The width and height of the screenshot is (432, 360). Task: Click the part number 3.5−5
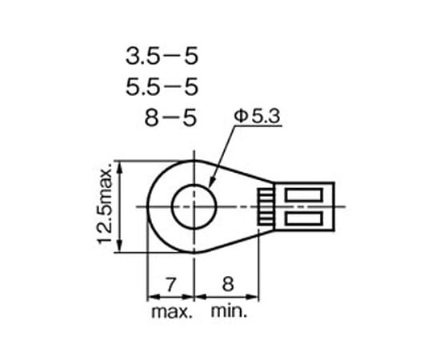pos(162,56)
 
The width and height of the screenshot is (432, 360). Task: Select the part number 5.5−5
pos(162,86)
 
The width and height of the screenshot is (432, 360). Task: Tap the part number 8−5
pos(171,118)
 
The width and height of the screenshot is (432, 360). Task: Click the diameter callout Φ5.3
pos(257,116)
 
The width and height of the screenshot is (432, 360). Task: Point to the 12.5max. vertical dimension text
pos(105,203)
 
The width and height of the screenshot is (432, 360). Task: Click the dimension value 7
pos(170,285)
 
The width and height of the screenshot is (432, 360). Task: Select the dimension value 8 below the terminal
pos(228,284)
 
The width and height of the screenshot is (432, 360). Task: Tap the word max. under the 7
pos(172,312)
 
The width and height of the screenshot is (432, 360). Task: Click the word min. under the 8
pos(229,311)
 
